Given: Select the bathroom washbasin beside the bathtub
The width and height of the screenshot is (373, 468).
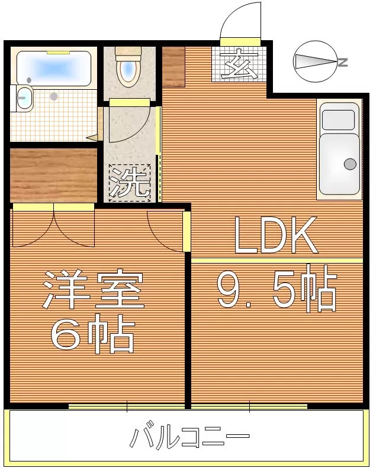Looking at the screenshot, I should coord(24,98).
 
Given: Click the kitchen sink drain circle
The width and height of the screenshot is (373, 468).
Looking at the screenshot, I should coord(350,164).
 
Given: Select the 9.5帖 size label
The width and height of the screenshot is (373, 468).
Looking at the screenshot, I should coord(277,290).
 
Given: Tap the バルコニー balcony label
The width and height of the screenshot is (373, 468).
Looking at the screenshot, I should coord(189,438).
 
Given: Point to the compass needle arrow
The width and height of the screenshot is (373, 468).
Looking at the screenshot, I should coord(314,61).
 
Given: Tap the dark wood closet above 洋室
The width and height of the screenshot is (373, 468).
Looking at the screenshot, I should coord(53,175).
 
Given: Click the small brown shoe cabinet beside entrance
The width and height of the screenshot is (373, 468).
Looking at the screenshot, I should coord(173,66).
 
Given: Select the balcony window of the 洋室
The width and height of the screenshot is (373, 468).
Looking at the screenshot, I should coord(127,407).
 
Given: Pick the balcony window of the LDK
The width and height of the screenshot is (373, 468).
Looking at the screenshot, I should coord(249,407).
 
